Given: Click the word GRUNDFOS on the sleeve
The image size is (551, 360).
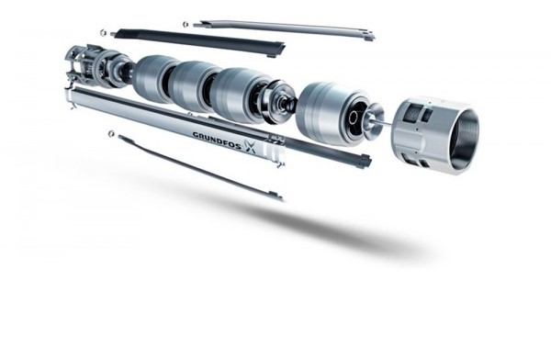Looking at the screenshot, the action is (x=218, y=140).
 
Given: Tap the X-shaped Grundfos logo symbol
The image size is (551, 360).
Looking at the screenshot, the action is (x=251, y=146).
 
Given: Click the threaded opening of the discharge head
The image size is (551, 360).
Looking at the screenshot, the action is (x=465, y=141).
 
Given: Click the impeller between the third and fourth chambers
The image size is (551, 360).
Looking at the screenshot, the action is (x=280, y=101).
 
